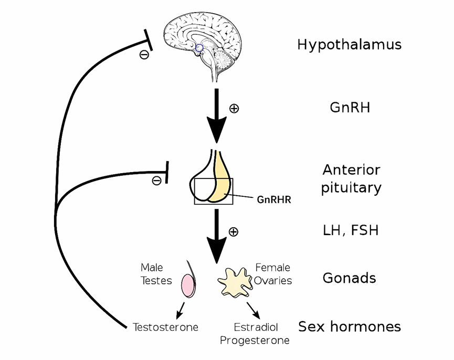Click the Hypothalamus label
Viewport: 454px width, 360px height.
(x=349, y=45)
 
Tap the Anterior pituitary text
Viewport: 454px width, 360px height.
(x=351, y=178)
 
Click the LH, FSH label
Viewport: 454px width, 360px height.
(x=350, y=230)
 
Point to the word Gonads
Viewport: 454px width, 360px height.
(x=349, y=278)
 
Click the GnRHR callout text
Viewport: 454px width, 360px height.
(x=274, y=199)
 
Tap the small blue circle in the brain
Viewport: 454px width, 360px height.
(x=199, y=48)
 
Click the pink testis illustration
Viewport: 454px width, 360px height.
(x=188, y=286)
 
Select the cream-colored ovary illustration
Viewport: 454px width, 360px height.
(x=235, y=282)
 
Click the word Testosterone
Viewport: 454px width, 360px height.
(x=165, y=327)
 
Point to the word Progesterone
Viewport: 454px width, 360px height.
(x=255, y=341)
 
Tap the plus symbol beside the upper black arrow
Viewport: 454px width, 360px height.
(x=234, y=108)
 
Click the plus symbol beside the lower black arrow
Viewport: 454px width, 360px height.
(x=234, y=231)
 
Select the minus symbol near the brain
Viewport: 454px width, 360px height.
(x=144, y=54)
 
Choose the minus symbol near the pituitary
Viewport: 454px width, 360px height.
(x=156, y=181)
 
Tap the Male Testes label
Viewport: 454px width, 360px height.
(x=156, y=274)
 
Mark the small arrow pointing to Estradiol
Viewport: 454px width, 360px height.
(x=254, y=310)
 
